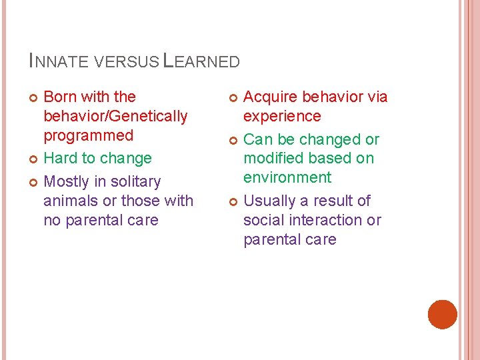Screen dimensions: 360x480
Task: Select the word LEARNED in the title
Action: (x=201, y=62)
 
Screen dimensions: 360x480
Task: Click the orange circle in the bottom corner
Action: (x=442, y=315)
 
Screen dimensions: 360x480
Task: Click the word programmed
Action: (x=88, y=135)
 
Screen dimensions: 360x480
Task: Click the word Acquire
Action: (x=271, y=97)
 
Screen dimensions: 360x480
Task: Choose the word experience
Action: (x=282, y=116)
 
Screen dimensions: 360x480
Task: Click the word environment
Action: (x=287, y=177)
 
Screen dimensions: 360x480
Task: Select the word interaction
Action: (x=327, y=220)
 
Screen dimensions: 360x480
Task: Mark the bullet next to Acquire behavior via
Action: (x=233, y=97)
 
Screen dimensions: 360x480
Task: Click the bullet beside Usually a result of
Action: (x=233, y=201)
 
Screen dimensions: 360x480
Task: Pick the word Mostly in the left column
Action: (x=65, y=182)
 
